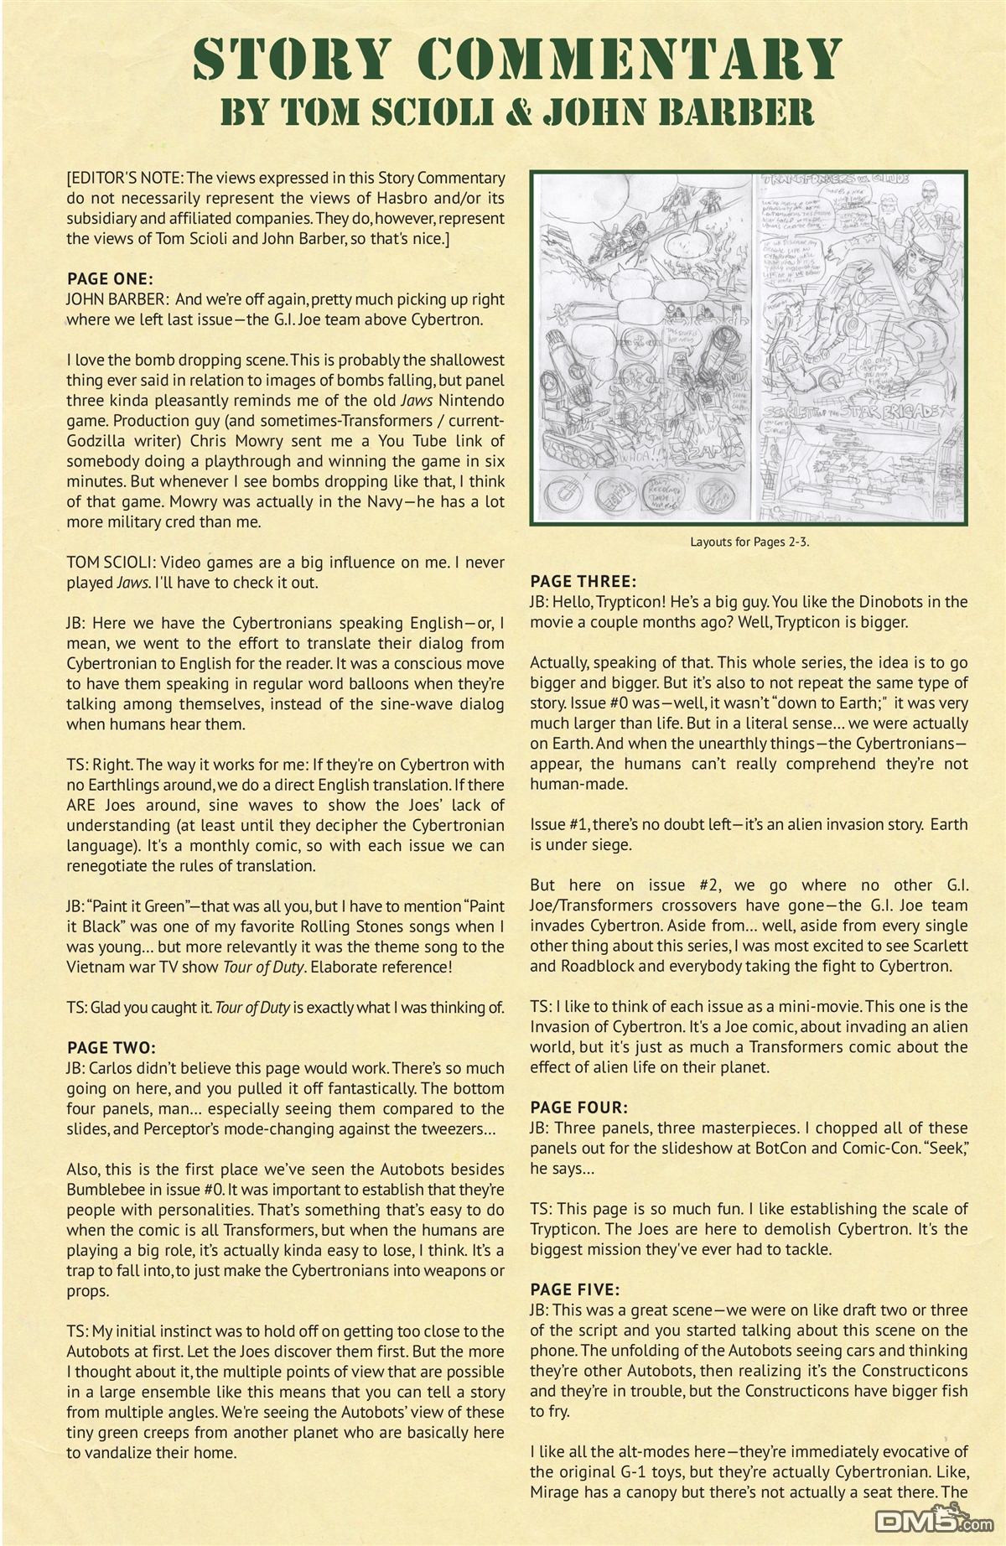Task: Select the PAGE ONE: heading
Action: click(109, 279)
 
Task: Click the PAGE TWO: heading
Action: click(111, 1047)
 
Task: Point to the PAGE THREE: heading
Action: click(583, 581)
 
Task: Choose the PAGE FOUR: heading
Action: click(578, 1108)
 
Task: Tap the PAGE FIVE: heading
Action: click(575, 1289)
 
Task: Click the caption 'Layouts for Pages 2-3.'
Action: click(749, 542)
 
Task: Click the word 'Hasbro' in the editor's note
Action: click(414, 198)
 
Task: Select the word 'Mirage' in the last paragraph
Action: click(556, 1492)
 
